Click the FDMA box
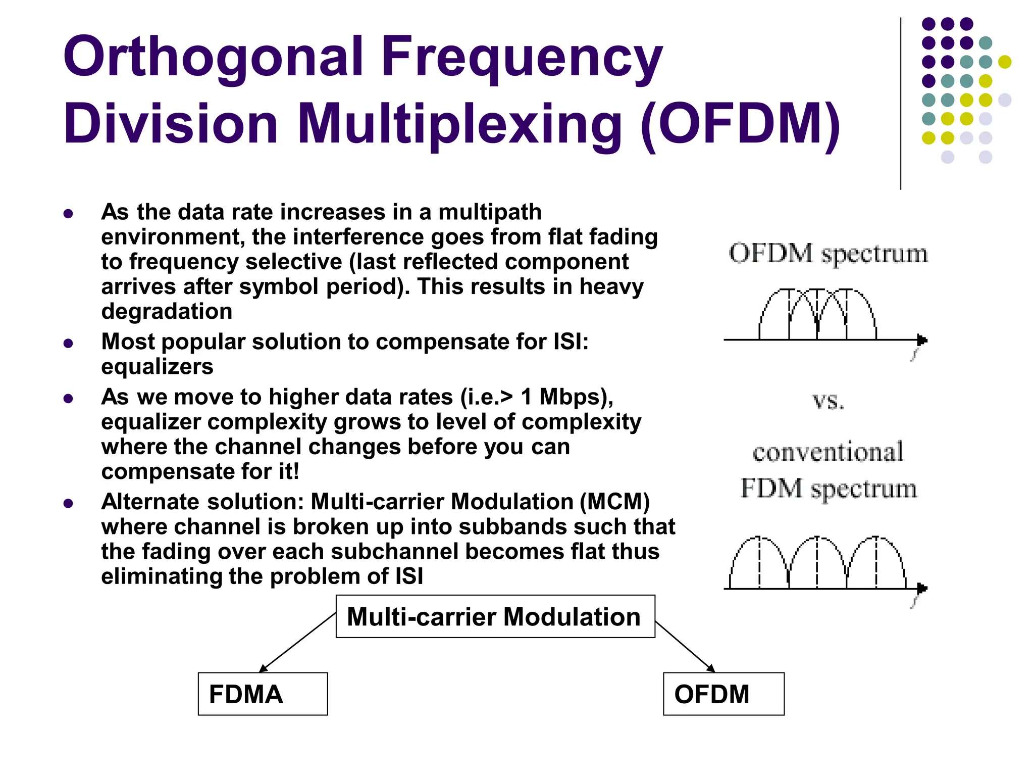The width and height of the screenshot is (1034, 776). (x=263, y=694)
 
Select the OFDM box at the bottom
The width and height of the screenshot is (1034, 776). (x=723, y=694)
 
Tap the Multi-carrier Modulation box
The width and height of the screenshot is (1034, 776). (x=495, y=616)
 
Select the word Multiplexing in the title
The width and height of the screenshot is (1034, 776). (x=459, y=124)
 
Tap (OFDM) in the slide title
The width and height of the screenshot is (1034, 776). (x=740, y=124)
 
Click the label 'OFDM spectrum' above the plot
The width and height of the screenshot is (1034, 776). (x=828, y=253)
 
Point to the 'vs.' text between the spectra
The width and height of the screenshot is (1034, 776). (x=828, y=401)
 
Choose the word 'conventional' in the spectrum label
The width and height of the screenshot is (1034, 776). (x=828, y=451)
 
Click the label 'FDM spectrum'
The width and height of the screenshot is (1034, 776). (x=828, y=489)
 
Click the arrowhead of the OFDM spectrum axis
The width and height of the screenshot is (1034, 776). (x=922, y=340)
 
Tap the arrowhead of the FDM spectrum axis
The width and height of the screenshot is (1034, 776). (x=922, y=589)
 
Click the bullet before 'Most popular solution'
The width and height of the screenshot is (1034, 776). (x=69, y=344)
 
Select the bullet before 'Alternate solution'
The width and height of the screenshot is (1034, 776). (x=69, y=503)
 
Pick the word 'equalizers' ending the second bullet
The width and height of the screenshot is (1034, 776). (x=157, y=367)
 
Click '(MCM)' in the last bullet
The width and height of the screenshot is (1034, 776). (x=614, y=502)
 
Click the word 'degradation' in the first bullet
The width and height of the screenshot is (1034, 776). (x=167, y=312)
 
